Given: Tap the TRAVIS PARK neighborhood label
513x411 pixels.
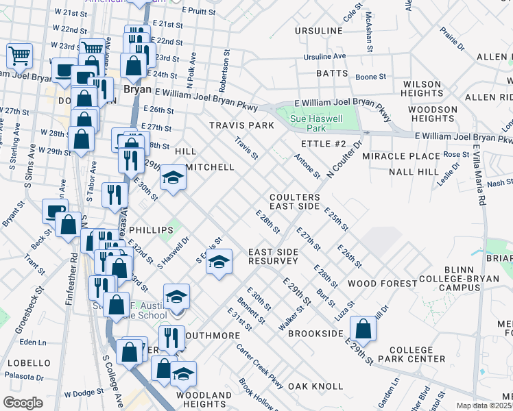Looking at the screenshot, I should pos(241,125).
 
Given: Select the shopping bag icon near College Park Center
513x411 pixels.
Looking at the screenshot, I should pos(365,329).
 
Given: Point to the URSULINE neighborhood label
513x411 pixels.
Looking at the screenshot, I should pos(318,32).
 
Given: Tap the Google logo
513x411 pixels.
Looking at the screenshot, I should pos(23,403).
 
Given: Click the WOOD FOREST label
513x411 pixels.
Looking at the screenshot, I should pos(382,283).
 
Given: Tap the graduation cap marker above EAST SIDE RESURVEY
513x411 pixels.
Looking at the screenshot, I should pos(219,262).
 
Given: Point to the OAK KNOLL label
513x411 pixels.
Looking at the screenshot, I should pos(315,386).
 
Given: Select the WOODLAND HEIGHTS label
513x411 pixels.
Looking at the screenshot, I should pos(204,399).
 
